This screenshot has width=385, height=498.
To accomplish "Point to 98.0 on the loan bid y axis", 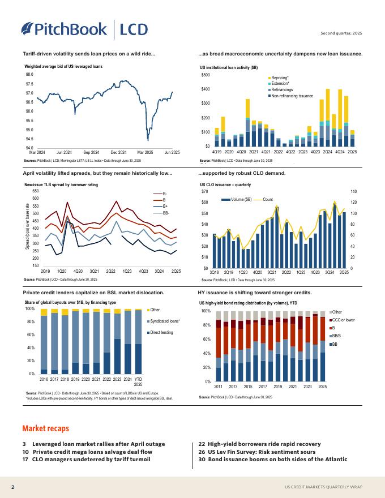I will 29,75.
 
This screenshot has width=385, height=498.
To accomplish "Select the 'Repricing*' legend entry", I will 280,78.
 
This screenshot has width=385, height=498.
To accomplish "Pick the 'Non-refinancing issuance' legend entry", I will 292,96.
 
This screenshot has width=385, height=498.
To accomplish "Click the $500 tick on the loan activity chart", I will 206,75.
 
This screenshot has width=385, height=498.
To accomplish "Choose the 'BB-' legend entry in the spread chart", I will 166,212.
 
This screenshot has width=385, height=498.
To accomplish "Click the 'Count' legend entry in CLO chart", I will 268,200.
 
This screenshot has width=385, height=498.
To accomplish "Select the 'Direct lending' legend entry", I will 162,332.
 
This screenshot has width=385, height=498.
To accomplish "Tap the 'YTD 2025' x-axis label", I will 138,382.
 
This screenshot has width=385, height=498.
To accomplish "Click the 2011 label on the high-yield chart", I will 219,387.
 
